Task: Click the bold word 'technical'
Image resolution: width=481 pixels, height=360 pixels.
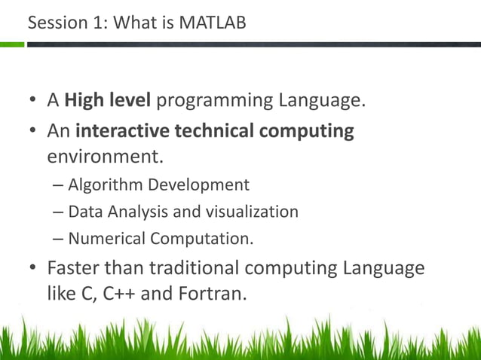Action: pos(216,131)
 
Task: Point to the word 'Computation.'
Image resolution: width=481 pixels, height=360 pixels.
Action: pos(201,239)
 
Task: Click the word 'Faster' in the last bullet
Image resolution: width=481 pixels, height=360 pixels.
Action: pos(75,267)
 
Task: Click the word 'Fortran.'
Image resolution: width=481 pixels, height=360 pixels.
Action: pos(212,293)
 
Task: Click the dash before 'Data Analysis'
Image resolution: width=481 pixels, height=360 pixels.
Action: pos(59,212)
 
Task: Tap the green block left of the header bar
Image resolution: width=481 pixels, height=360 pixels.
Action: pos(11,44)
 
